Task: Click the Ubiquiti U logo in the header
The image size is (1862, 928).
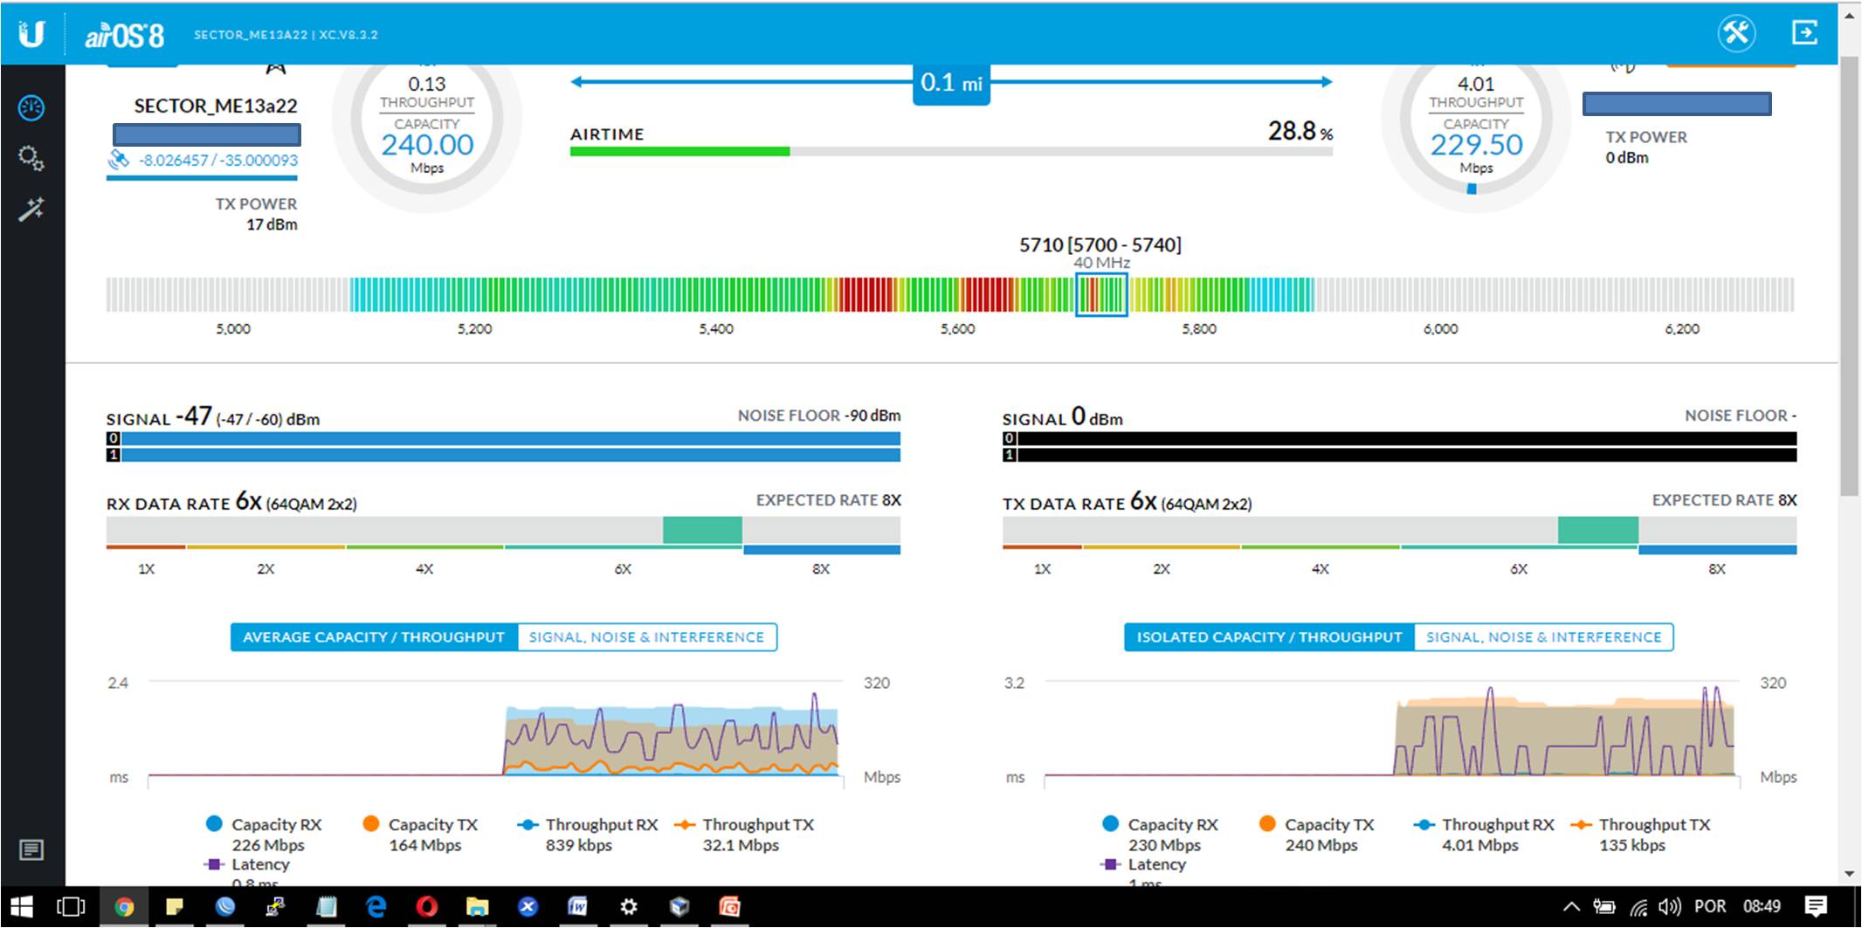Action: point(31,34)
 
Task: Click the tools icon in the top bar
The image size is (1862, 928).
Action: point(1736,33)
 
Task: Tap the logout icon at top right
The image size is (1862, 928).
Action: point(1804,33)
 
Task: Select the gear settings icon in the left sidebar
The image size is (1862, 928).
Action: point(31,158)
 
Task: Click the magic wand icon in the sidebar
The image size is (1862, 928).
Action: point(31,210)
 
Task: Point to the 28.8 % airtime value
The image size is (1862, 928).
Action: point(1300,132)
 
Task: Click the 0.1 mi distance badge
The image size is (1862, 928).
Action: point(951,84)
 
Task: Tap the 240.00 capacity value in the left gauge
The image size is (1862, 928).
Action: point(427,145)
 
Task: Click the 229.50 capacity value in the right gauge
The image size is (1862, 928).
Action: point(1476,145)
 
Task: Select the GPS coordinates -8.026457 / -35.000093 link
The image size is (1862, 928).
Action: point(217,161)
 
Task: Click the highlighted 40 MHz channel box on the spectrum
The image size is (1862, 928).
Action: point(1100,294)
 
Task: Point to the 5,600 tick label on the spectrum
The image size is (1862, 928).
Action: point(957,329)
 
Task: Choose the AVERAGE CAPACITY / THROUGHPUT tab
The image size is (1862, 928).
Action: point(374,637)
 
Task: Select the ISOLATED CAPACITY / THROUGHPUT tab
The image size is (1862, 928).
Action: point(1269,637)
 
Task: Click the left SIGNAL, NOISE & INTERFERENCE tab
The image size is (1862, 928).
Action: point(646,637)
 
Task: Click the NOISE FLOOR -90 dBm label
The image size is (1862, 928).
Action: point(818,416)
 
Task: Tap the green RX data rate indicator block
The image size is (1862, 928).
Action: point(702,530)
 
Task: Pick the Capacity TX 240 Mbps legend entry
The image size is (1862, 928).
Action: point(1319,835)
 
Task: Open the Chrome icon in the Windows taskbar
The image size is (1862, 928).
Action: point(124,907)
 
